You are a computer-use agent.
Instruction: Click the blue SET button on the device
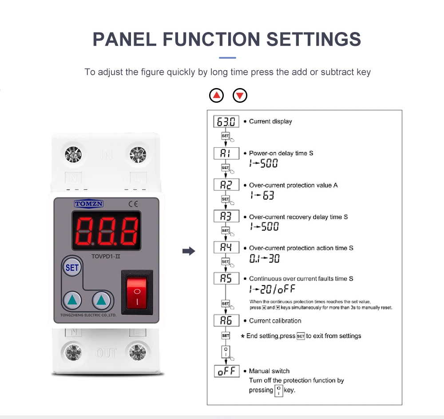(72, 267)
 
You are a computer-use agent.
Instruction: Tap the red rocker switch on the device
(137, 293)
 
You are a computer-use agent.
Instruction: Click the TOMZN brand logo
(89, 204)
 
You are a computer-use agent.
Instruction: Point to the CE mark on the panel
(133, 204)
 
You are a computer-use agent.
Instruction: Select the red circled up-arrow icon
(216, 95)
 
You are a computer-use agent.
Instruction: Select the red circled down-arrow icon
(240, 95)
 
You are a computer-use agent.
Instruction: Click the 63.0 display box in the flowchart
(226, 121)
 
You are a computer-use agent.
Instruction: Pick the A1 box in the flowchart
(226, 153)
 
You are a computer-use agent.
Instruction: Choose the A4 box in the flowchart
(226, 247)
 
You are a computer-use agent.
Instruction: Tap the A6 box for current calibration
(226, 321)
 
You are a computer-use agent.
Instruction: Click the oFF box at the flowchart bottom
(227, 371)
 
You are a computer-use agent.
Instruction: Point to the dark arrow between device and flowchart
(189, 251)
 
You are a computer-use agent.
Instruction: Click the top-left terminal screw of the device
(73, 155)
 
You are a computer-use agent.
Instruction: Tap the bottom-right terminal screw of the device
(138, 352)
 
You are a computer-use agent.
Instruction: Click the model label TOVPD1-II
(106, 257)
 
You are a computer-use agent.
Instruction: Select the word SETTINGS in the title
(314, 39)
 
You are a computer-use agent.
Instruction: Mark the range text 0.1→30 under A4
(265, 258)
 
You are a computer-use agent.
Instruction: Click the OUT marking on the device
(106, 353)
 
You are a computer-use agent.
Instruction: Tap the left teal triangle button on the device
(72, 300)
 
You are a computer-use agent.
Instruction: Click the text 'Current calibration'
(275, 321)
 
